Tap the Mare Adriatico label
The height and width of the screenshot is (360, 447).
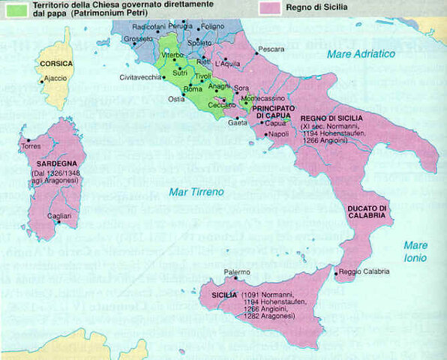point(361,54)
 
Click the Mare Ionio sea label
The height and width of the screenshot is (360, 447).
point(415,252)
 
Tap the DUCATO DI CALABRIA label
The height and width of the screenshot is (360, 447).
point(366,211)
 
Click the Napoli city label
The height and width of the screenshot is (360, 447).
point(278,134)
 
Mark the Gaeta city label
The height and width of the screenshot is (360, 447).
point(235,121)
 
